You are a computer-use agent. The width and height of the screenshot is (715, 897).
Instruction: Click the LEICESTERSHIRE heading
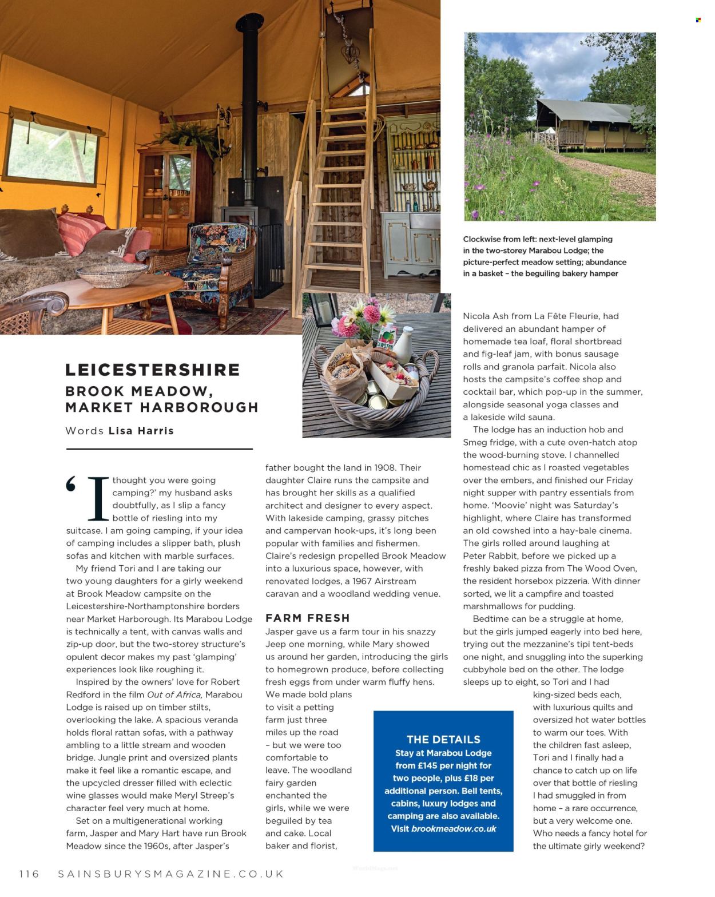click(152, 370)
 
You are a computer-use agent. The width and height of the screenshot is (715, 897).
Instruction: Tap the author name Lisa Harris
click(141, 431)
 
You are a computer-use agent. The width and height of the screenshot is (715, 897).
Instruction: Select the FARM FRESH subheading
click(307, 618)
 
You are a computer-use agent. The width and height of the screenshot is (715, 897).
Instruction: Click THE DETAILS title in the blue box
click(443, 739)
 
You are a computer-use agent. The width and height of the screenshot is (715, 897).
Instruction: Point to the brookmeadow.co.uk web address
click(454, 828)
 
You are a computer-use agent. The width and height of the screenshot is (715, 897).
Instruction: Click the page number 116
click(29, 874)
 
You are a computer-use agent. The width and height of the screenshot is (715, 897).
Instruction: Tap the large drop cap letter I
click(98, 498)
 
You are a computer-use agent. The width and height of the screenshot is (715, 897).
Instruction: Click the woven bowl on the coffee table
click(112, 275)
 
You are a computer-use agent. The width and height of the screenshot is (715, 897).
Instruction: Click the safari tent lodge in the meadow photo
click(589, 126)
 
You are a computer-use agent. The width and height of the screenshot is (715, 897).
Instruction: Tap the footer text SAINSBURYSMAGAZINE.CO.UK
click(171, 874)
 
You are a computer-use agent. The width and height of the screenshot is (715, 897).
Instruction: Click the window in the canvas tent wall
click(51, 150)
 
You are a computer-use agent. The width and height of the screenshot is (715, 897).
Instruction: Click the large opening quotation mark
click(71, 484)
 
